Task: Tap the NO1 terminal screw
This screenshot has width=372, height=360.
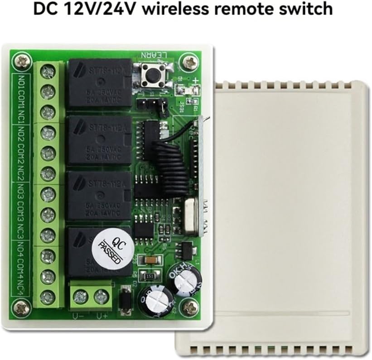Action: [x=47, y=72]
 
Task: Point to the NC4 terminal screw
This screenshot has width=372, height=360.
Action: [x=47, y=297]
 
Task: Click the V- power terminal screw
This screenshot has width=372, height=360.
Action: [x=81, y=297]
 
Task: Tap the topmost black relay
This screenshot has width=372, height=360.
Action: [x=99, y=84]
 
